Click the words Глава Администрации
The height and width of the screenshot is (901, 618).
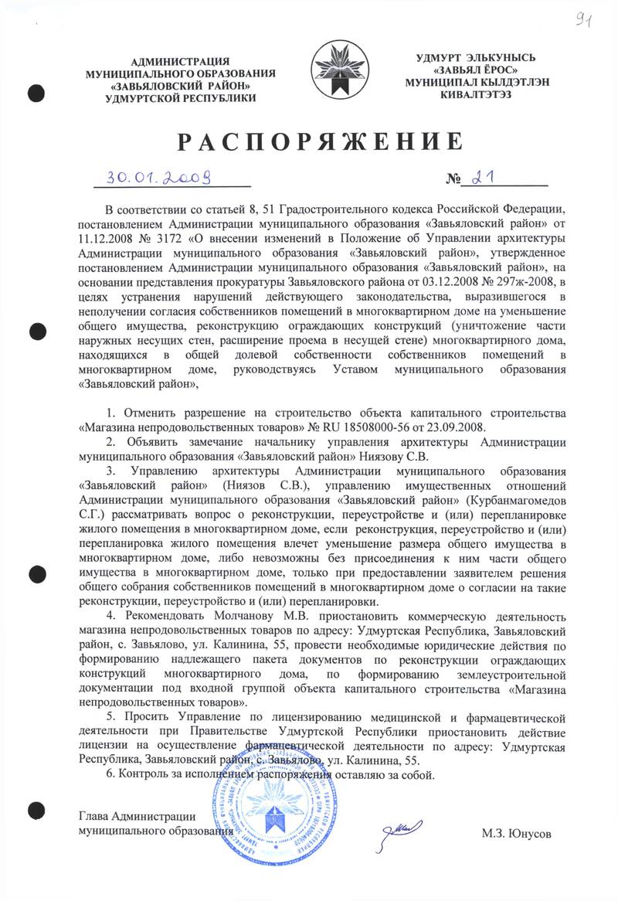point(137,816)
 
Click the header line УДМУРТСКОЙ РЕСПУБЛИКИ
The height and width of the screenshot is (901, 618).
point(182,99)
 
